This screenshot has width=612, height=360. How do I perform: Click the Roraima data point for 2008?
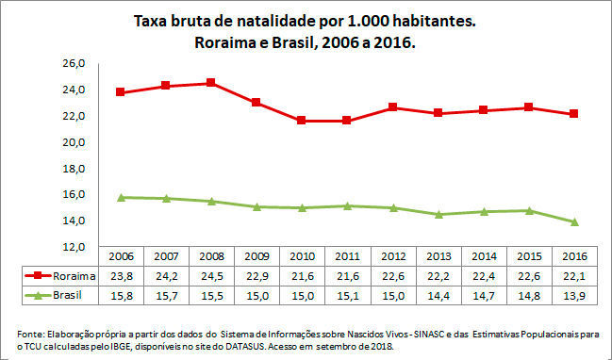pos(210,83)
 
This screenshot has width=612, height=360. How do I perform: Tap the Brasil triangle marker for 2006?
pos(120,197)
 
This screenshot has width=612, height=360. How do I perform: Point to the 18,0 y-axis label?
pos(74,169)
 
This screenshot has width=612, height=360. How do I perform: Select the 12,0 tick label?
pos(74,247)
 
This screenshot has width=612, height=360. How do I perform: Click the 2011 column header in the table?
pos(346,256)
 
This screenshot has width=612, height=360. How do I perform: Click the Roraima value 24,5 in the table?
pos(210,275)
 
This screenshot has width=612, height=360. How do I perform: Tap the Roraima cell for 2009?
pos(256,275)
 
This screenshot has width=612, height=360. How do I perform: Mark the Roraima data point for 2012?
pos(391,107)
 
